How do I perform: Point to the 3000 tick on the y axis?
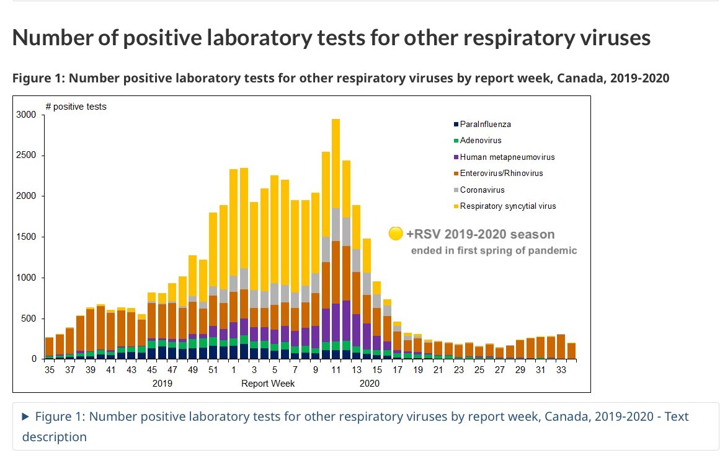coord(28,115)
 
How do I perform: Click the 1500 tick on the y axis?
coord(28,237)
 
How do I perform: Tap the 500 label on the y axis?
coord(30,319)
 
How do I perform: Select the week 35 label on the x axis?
coord(50,370)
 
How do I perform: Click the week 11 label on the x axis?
coord(336,370)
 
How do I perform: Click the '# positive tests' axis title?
coord(76,107)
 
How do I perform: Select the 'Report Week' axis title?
coord(268,384)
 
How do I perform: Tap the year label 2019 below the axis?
coord(162,384)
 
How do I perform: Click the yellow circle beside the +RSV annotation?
coord(395,234)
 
